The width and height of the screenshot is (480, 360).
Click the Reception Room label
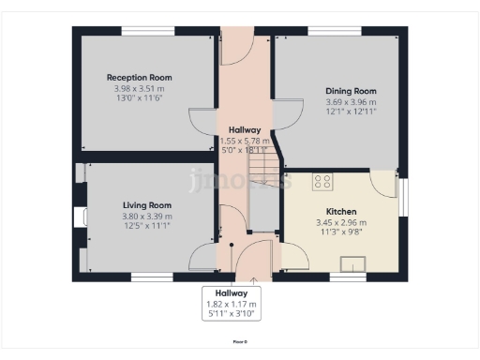pos(139,78)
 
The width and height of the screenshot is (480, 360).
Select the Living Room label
pos(147,205)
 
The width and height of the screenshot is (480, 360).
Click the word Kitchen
pos(341,212)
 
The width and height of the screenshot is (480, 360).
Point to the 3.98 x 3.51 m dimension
pos(139,89)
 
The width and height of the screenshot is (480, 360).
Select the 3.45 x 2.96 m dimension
pos(341,223)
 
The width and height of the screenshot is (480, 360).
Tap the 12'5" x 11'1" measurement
pos(147,226)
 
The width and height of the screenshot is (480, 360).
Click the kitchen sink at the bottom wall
pos(348,274)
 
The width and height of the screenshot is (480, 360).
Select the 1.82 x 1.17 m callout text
pos(231,306)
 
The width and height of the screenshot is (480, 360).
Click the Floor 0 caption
pos(240,340)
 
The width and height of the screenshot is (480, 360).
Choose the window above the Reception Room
pos(146,31)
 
